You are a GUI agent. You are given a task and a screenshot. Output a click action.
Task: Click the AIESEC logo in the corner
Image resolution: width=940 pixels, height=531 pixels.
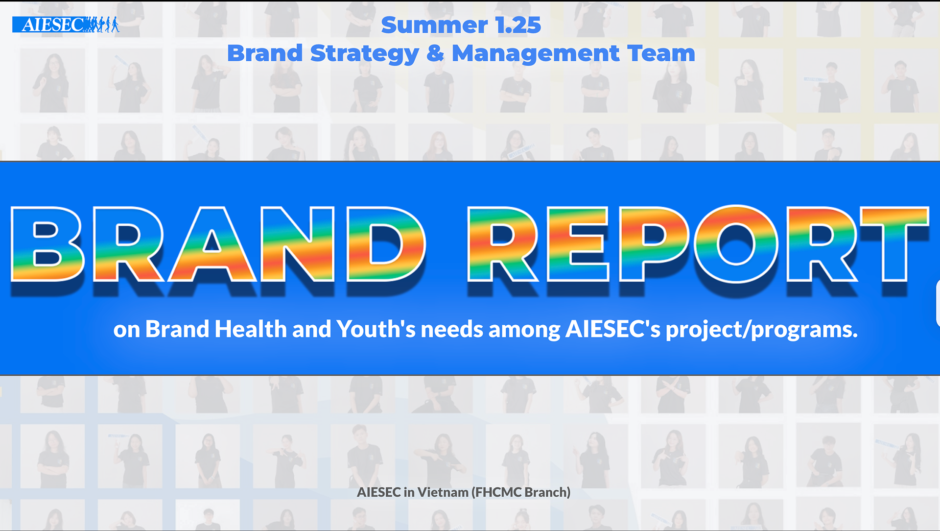[x=66, y=24]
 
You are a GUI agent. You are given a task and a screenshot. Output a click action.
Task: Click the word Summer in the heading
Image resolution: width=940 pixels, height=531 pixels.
[x=434, y=25]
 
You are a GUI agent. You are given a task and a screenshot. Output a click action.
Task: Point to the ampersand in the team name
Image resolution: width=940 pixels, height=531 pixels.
[x=435, y=53]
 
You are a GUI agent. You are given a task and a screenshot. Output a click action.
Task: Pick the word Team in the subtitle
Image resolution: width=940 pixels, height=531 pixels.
[x=661, y=53]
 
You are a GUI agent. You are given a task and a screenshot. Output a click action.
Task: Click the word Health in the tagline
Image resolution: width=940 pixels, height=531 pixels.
[x=250, y=329]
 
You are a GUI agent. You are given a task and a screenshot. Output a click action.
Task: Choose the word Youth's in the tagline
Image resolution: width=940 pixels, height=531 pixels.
[x=376, y=329]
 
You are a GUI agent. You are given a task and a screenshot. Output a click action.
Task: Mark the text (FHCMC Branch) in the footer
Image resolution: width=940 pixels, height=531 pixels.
[x=521, y=492]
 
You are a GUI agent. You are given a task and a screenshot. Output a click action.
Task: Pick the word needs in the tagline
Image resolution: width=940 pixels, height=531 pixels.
[x=452, y=329]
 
